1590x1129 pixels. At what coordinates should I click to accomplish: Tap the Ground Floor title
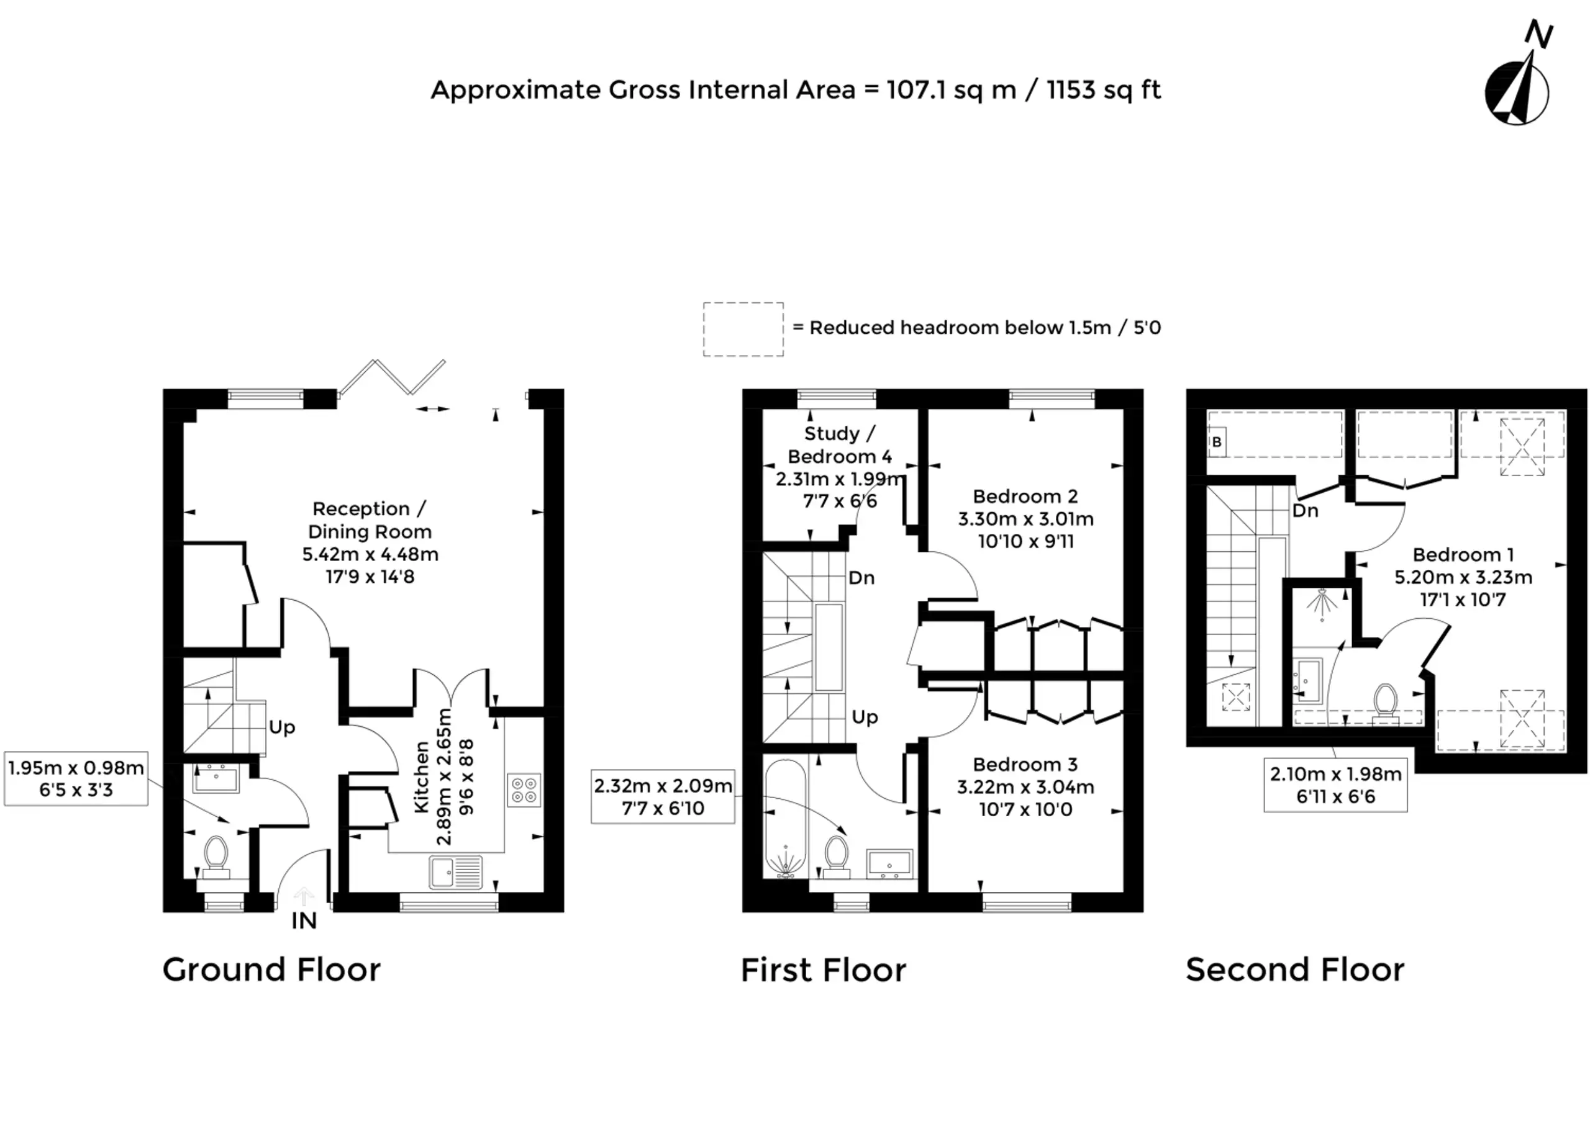[x=271, y=970]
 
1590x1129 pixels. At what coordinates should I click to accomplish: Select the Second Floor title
[x=1295, y=970]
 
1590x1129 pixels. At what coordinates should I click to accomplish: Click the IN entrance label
[x=304, y=920]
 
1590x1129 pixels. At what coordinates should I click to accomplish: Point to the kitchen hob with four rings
[x=524, y=789]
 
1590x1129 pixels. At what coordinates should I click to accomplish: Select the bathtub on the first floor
[x=785, y=818]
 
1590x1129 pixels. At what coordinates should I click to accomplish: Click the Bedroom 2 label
[x=1025, y=497]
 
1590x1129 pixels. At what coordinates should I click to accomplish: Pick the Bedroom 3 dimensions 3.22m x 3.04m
[x=1025, y=787]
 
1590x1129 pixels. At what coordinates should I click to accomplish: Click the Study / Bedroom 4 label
[x=840, y=445]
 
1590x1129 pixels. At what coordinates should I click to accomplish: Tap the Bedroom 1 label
[x=1463, y=555]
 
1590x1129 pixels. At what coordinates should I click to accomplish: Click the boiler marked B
[x=1217, y=442]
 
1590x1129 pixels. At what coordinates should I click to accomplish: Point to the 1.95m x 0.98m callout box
[x=76, y=778]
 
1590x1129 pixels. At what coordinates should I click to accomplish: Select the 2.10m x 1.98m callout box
[x=1335, y=785]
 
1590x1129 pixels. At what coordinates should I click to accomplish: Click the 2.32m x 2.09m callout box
[x=663, y=797]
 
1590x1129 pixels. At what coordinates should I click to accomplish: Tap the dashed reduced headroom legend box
[x=743, y=330]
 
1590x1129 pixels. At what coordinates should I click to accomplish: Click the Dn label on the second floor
[x=1306, y=511]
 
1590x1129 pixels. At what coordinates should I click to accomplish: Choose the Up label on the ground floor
[x=282, y=728]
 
